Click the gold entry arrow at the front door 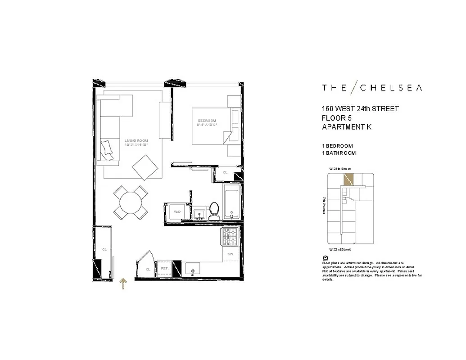[123, 284]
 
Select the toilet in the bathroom [214, 211]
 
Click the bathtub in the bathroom [231, 202]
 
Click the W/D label [177, 211]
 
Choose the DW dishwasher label [230, 254]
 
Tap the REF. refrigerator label [165, 269]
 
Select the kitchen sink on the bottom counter [193, 270]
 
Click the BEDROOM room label [207, 121]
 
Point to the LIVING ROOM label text [136, 141]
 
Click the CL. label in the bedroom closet [225, 172]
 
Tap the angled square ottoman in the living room [145, 167]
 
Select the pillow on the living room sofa [108, 148]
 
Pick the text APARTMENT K [347, 127]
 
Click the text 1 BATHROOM [339, 153]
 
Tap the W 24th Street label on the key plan [340, 168]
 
